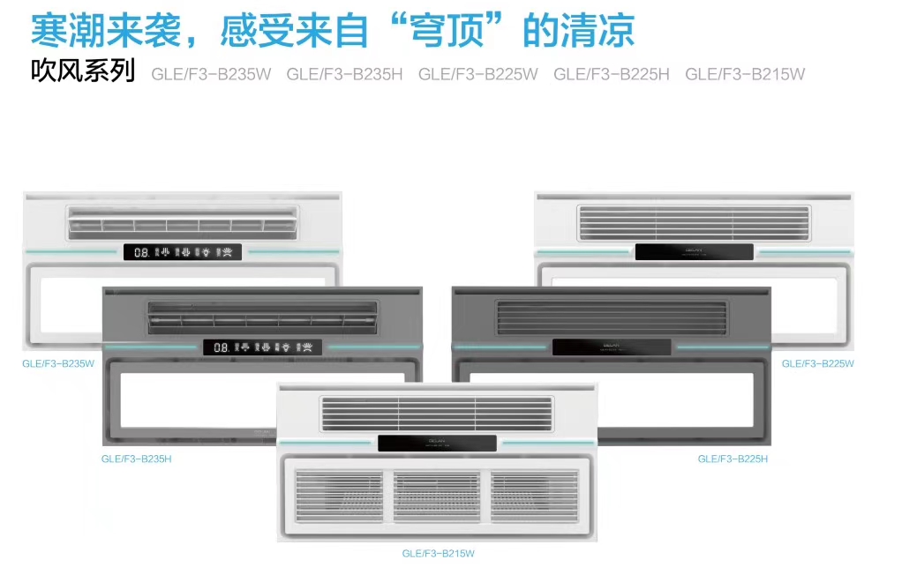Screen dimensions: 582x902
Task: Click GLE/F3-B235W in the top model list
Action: point(211,74)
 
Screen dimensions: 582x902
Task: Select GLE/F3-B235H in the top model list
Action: point(344,74)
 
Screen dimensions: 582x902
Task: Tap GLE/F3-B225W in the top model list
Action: point(477,74)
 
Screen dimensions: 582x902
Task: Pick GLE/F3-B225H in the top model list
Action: point(612,74)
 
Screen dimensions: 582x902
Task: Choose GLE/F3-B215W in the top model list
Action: point(745,74)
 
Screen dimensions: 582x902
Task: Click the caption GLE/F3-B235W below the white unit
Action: point(58,363)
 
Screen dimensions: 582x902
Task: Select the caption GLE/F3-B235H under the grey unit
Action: point(136,459)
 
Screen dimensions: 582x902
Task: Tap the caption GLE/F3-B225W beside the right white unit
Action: point(817,363)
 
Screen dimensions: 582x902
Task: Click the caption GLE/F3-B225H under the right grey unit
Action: point(733,459)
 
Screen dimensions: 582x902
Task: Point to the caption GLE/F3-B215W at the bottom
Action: point(438,554)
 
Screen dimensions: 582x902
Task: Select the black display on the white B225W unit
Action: point(695,252)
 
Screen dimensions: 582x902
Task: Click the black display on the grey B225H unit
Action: point(612,347)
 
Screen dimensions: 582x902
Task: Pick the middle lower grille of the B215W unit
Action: point(437,496)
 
